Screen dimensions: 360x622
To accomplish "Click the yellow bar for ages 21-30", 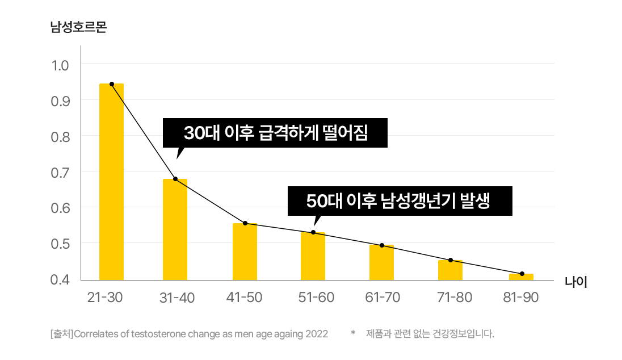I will point(111,182).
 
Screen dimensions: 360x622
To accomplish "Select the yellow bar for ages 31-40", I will point(175,229).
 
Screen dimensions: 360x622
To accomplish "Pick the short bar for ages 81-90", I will point(521,277).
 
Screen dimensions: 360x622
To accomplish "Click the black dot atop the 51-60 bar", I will point(313,232).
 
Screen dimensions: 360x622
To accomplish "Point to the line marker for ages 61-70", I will point(382,245).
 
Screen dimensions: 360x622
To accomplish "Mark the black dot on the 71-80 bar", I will point(451,260).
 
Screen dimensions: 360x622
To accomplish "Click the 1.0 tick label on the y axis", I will point(60,65).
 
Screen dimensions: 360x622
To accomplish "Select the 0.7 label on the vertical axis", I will point(60,171).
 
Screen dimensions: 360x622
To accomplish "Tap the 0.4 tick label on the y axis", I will point(60,279).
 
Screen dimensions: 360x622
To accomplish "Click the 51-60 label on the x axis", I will point(316,298).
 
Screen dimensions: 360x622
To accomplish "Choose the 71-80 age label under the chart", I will point(454,298).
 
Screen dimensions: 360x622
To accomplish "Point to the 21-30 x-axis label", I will point(105,298).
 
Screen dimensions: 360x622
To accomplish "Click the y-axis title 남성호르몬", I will point(78,27).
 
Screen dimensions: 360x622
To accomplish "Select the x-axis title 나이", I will point(575,282).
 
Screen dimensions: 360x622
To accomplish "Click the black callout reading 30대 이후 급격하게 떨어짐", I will point(275,133).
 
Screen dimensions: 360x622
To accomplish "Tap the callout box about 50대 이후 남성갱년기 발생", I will point(400,201).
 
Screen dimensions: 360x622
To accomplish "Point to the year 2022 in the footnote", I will point(317,334).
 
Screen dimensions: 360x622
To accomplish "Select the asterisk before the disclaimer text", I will point(352,333).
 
